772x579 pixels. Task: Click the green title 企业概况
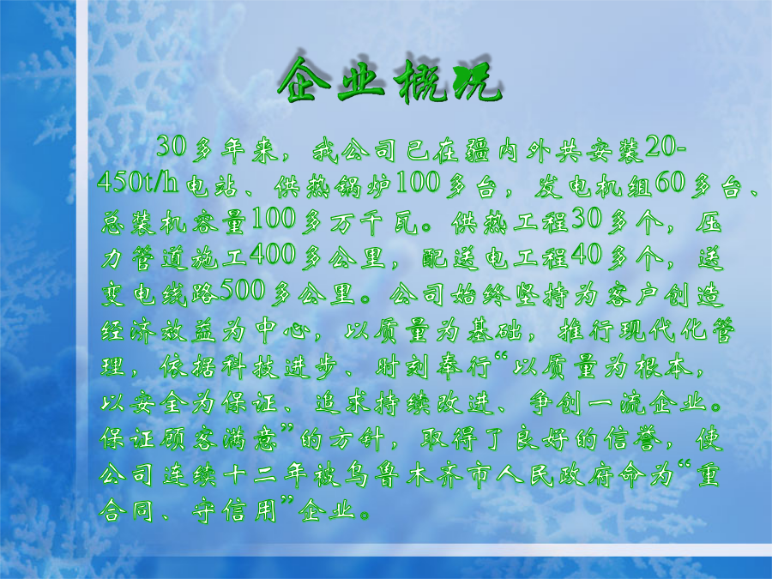pos(390,80)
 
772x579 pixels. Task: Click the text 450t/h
pos(137,184)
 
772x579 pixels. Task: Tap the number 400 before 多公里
pos(273,255)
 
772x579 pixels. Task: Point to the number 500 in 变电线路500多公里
pos(243,291)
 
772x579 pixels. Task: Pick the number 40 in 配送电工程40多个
pos(587,255)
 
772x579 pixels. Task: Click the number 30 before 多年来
pos(172,147)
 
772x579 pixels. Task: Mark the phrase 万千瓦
pos(374,221)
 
